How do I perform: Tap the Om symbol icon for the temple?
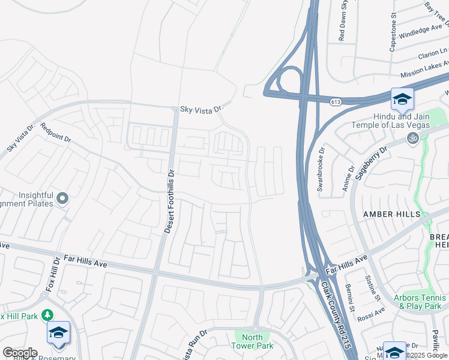tap(412, 138)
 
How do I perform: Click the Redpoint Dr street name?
tap(56, 133)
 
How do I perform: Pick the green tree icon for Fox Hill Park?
tap(47, 315)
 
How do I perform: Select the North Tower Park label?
tap(253, 341)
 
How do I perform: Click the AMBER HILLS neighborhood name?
tap(392, 214)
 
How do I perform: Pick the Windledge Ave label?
tap(421, 31)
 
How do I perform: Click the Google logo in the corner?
tap(20, 353)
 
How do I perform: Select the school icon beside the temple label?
tap(402, 99)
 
